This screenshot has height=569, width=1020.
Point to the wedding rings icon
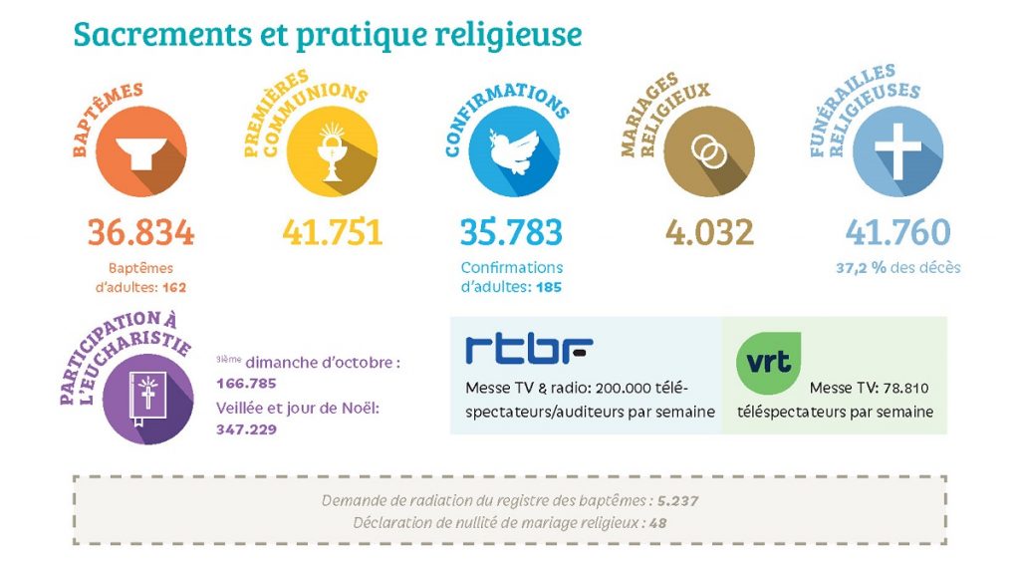(709, 151)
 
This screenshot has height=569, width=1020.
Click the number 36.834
(140, 232)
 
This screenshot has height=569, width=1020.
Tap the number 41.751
(332, 232)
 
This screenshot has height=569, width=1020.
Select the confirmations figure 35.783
(511, 232)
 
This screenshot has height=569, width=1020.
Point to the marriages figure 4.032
(709, 232)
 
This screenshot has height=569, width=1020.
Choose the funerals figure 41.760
(897, 232)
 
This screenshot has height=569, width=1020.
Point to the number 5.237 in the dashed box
(677, 500)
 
